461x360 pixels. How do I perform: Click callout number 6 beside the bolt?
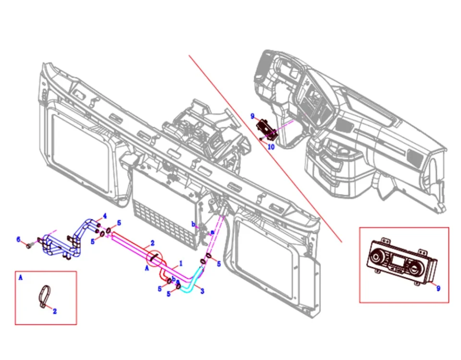[19, 239]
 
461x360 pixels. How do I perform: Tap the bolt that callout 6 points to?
[29, 245]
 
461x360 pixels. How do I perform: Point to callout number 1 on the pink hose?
[181, 264]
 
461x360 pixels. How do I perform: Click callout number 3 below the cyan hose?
[202, 291]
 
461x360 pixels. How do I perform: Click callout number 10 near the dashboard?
[271, 147]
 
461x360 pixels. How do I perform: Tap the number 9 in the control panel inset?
[437, 288]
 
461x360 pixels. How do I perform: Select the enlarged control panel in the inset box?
[401, 262]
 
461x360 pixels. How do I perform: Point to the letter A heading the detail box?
[20, 277]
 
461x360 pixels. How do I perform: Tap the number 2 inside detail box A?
[55, 311]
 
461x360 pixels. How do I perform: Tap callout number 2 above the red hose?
[152, 243]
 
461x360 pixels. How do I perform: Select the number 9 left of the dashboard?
[252, 116]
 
